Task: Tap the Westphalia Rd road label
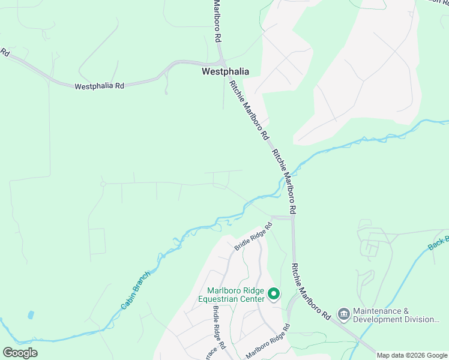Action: point(99,86)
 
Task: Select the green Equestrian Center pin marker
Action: point(274,294)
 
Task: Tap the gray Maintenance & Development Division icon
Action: point(343,314)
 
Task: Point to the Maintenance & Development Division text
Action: point(396,315)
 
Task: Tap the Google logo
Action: point(20,353)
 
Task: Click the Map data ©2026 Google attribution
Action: point(411,355)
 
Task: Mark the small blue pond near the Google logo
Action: point(30,314)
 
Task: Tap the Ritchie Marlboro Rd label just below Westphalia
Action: point(248,111)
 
